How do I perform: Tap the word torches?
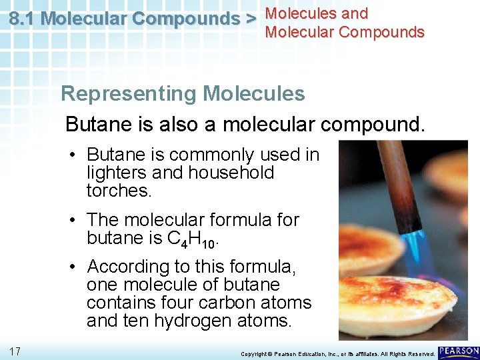click(x=119, y=191)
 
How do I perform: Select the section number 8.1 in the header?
click(x=23, y=19)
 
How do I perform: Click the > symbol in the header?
click(x=251, y=19)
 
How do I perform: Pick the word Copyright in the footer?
click(x=254, y=353)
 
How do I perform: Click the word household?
click(x=231, y=173)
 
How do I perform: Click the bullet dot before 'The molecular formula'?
click(x=75, y=220)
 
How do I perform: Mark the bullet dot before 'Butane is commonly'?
click(x=75, y=155)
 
